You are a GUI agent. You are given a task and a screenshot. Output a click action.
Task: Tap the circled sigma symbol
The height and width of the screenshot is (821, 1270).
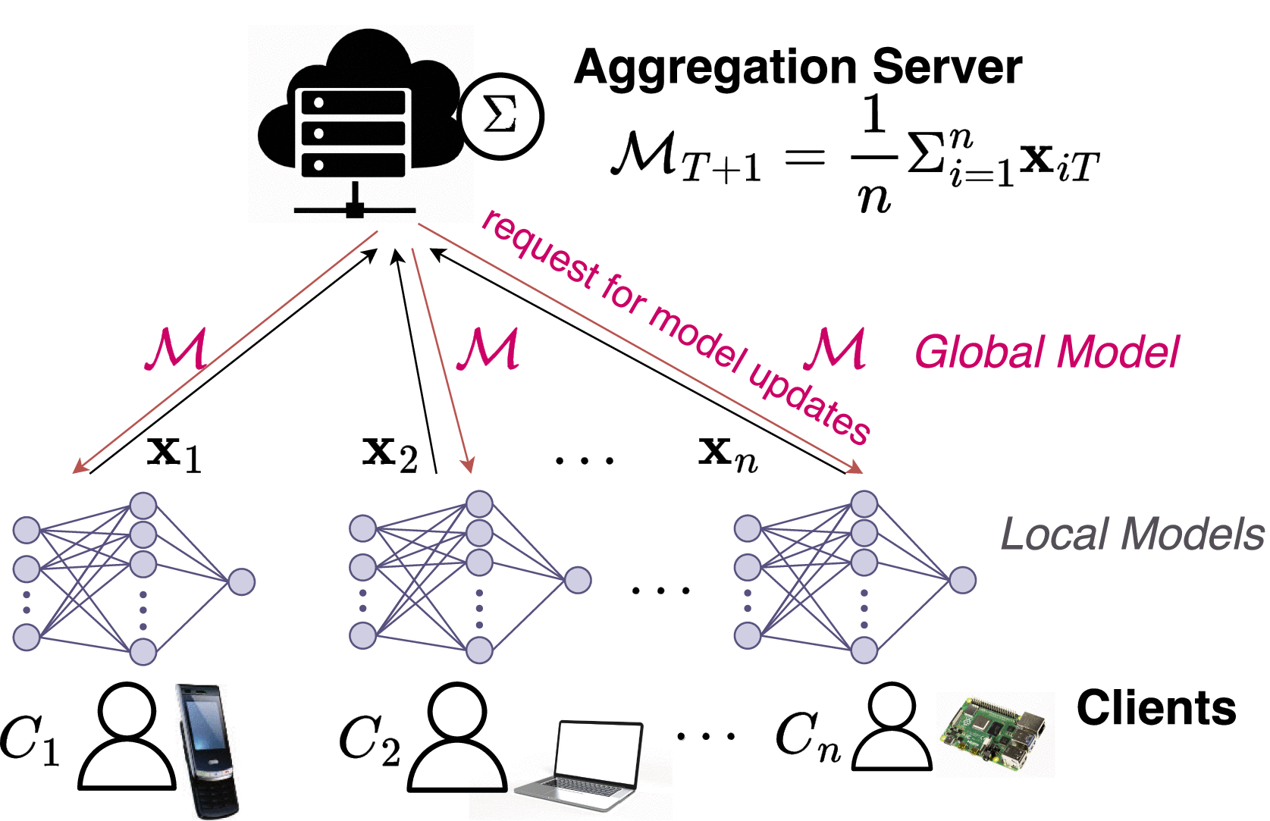click(501, 116)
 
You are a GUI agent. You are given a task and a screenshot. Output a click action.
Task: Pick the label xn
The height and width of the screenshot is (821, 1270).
click(727, 453)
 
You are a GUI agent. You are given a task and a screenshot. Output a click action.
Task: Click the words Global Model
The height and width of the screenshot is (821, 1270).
click(1047, 353)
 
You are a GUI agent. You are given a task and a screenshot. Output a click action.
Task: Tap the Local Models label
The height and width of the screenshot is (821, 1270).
click(1132, 534)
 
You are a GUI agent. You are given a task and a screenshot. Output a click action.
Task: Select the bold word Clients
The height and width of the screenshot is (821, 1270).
click(1156, 708)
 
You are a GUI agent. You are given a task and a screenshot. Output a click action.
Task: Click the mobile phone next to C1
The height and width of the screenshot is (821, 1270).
click(207, 750)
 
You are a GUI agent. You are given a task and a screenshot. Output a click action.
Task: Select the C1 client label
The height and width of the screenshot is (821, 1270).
click(29, 740)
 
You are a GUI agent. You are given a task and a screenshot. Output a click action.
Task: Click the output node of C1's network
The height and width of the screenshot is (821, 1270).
click(241, 581)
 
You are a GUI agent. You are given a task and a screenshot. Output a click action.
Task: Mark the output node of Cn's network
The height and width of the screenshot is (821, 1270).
click(962, 580)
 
